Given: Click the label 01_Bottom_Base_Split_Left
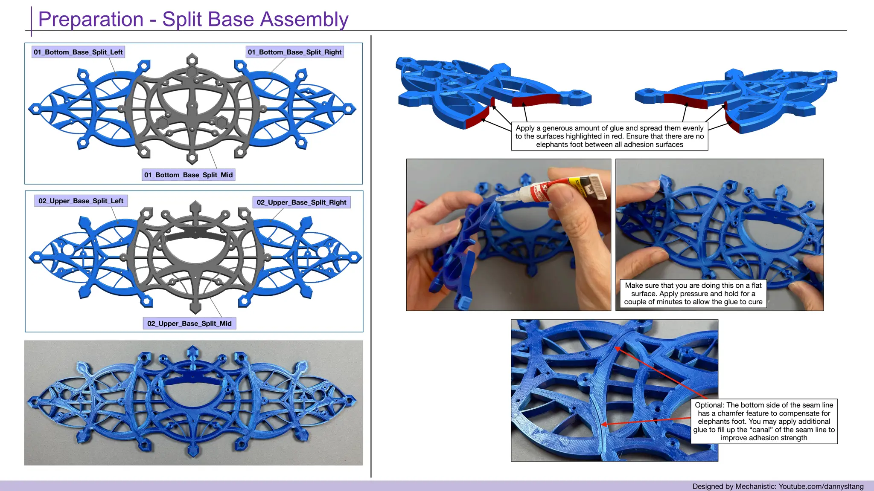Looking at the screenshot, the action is [78, 52].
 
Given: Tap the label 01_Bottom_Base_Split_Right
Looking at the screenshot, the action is [294, 52].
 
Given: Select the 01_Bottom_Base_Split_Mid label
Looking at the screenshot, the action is [188, 175].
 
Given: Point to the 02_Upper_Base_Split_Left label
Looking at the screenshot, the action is [81, 201].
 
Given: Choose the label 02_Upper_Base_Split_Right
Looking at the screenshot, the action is [301, 202].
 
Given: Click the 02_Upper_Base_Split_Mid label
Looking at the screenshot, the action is [189, 323].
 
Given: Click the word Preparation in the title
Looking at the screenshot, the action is [91, 20].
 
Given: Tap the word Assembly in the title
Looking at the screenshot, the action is [304, 20].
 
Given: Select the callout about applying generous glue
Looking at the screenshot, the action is [609, 136].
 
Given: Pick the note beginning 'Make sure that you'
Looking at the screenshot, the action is [693, 294].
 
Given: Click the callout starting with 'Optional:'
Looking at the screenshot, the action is [764, 421].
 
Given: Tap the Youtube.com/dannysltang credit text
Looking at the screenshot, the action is [821, 486].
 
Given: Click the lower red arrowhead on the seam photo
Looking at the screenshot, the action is [604, 424].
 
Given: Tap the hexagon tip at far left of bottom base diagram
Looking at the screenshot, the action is [35, 109].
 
